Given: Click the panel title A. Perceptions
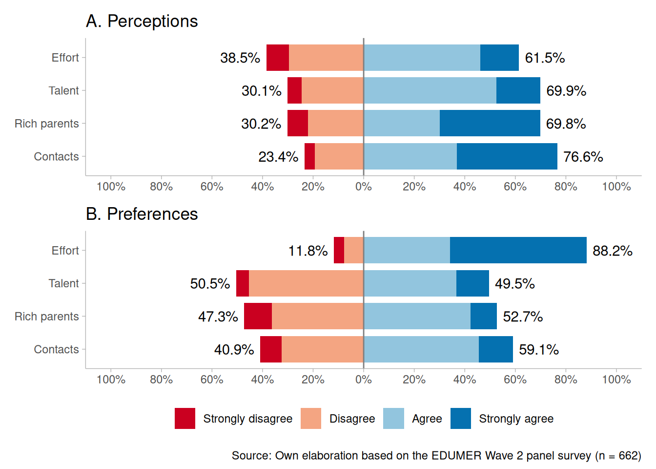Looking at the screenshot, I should pyautogui.click(x=142, y=21).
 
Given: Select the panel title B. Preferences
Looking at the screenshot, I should pyautogui.click(x=142, y=214).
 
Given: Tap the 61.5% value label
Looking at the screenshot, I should pyautogui.click(x=545, y=58).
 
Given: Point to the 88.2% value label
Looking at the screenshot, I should pyautogui.click(x=612, y=251).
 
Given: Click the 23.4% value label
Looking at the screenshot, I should pyautogui.click(x=278, y=157).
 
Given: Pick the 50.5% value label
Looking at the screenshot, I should pyautogui.click(x=210, y=284).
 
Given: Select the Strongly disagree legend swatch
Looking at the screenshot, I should pyautogui.click(x=185, y=419).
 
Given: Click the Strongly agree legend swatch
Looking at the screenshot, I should pyautogui.click(x=461, y=419).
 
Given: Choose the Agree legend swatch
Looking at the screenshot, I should pyautogui.click(x=393, y=419).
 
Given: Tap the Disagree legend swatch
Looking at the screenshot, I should pyautogui.click(x=311, y=419).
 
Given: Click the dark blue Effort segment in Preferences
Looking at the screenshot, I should pyautogui.click(x=518, y=250).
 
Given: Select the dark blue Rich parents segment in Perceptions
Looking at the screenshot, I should pyautogui.click(x=490, y=123).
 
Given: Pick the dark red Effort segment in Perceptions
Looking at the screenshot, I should pyautogui.click(x=278, y=58).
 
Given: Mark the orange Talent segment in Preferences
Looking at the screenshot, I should pyautogui.click(x=306, y=283).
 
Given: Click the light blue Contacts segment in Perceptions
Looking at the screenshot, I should pyautogui.click(x=410, y=156).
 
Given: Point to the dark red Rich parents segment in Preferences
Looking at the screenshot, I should pyautogui.click(x=258, y=316).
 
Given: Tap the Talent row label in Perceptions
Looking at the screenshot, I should pyautogui.click(x=63, y=91).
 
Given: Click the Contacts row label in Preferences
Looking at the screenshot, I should pyautogui.click(x=56, y=350).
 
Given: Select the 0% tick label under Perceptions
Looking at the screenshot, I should pyautogui.click(x=364, y=187).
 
